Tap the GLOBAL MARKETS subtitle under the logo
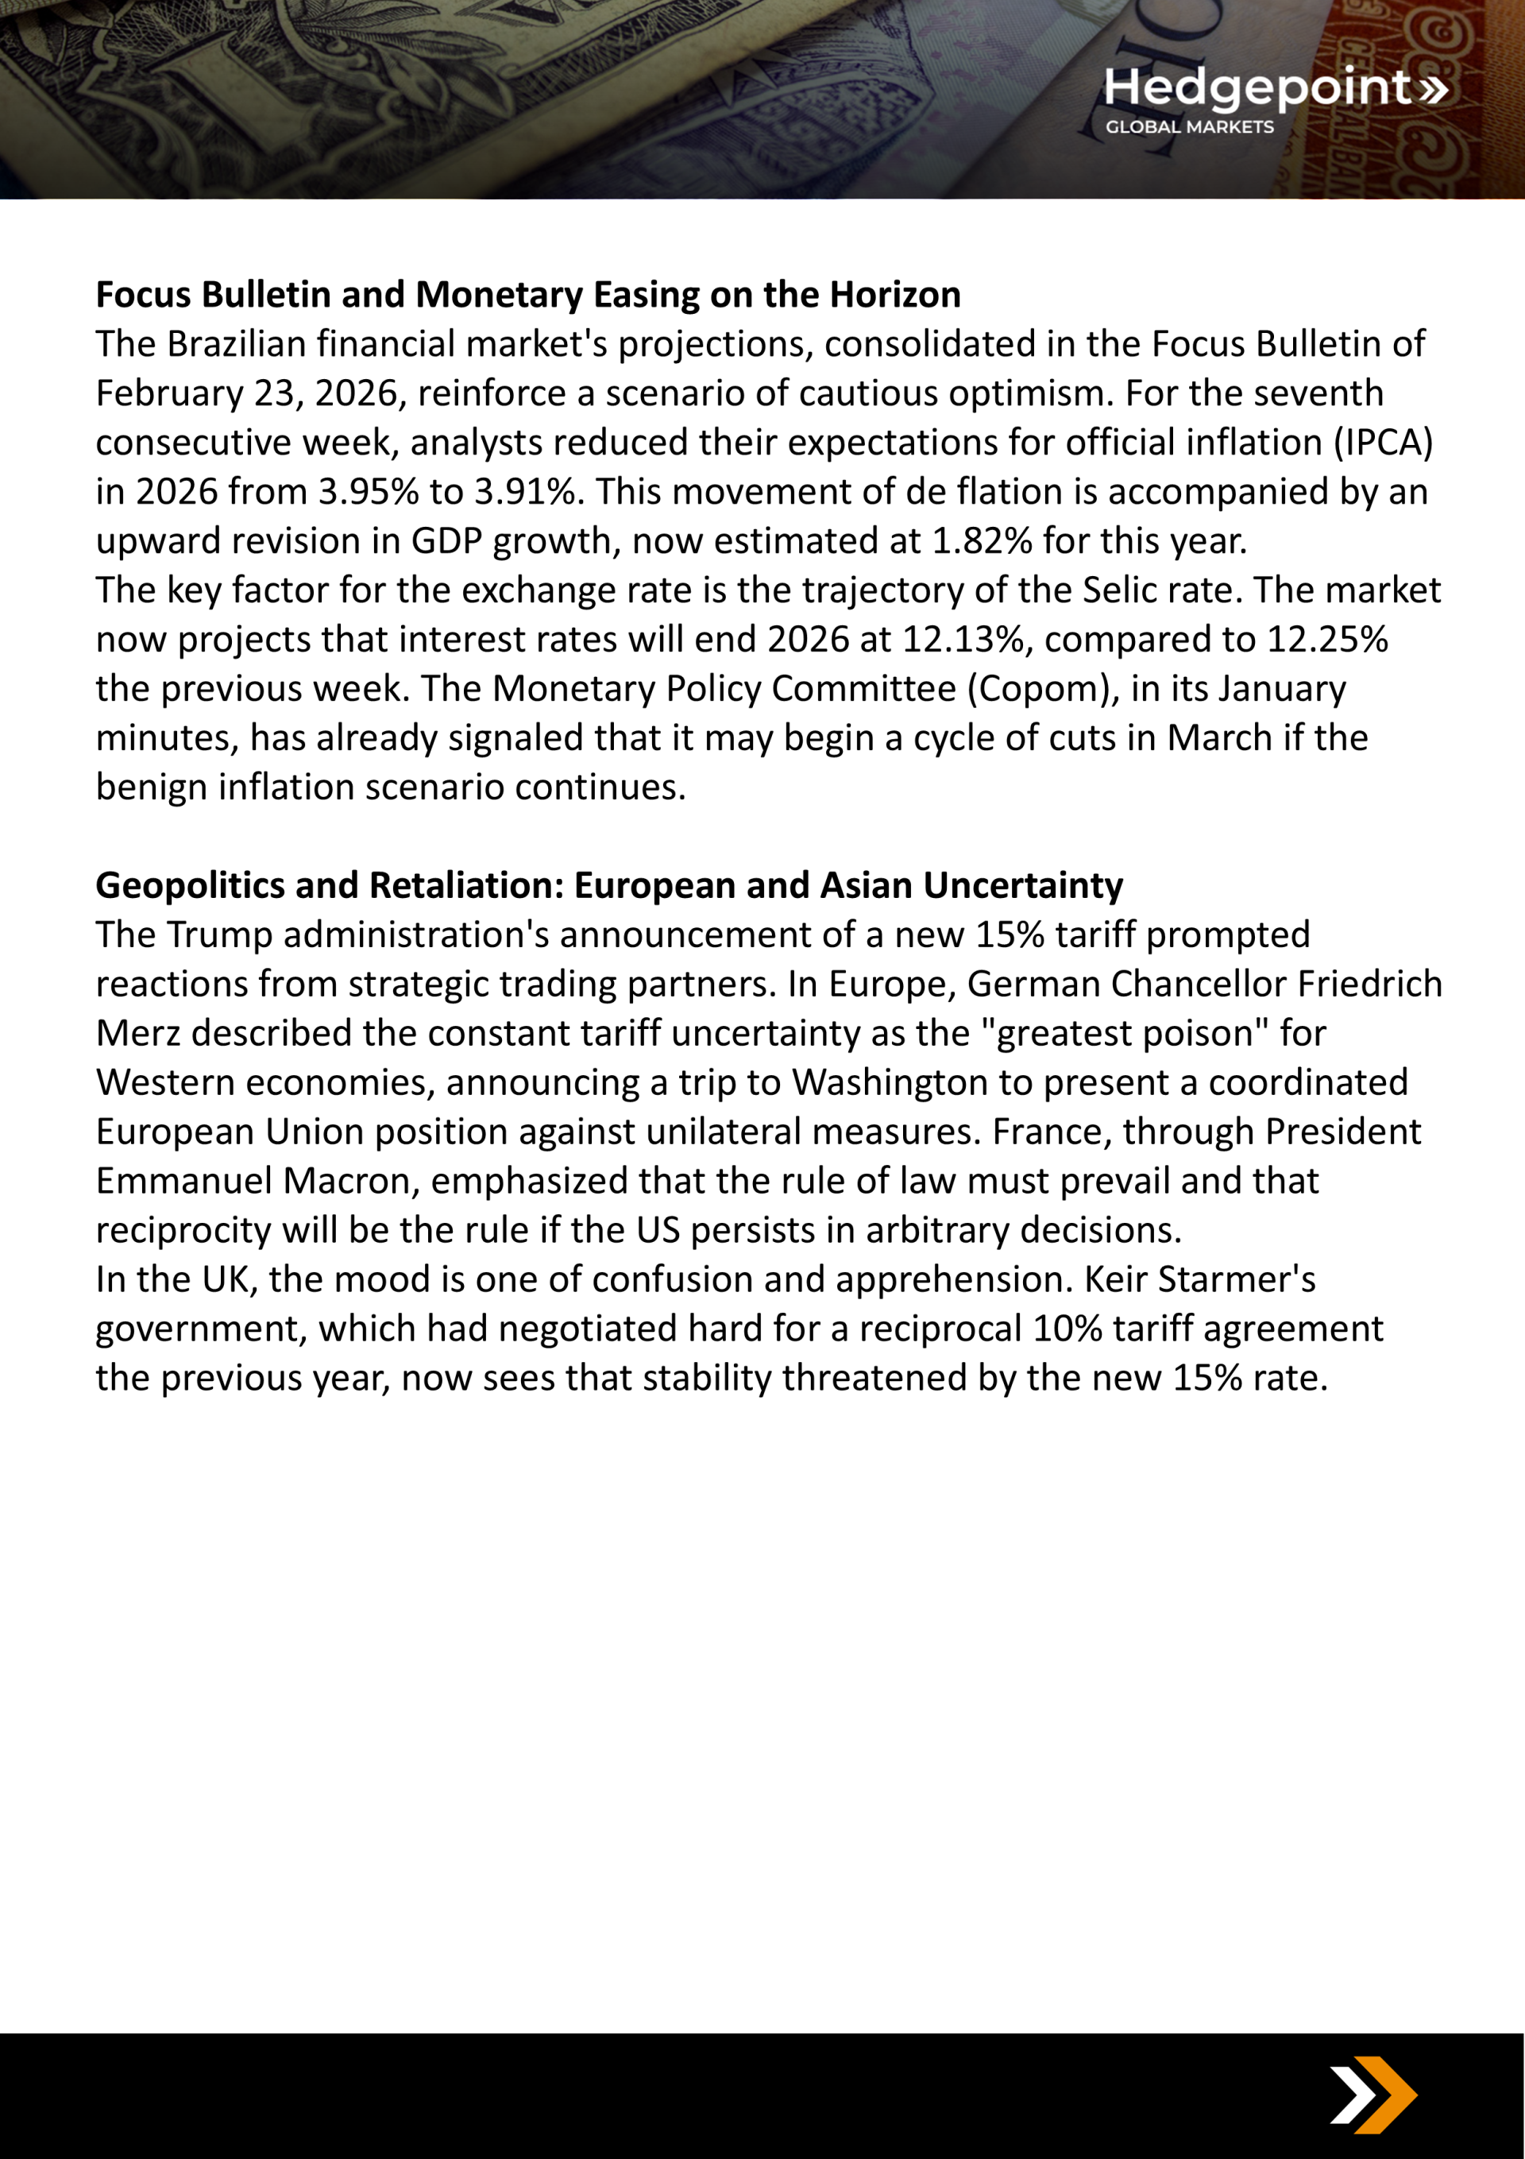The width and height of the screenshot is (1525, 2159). click(1189, 127)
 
